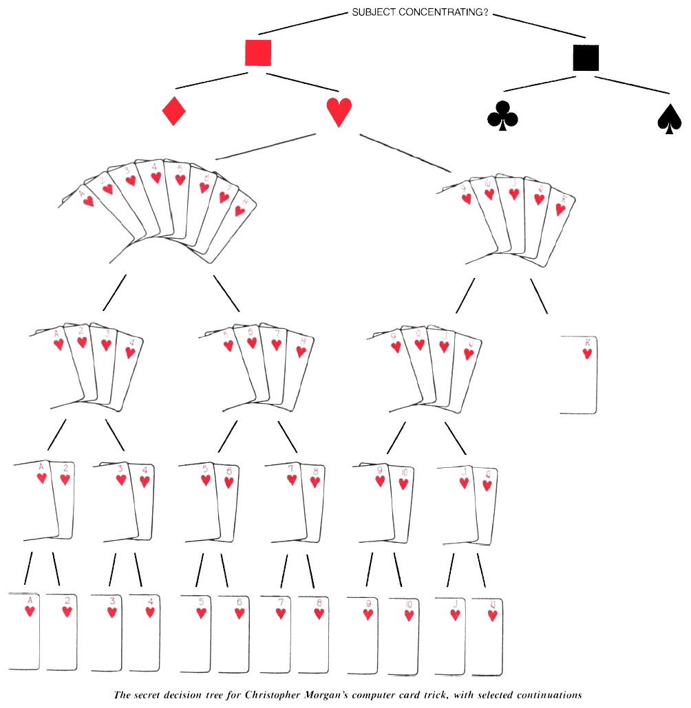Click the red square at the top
tap(258, 53)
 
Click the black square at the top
tap(586, 58)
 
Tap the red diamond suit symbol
tap(174, 111)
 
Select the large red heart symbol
tap(339, 112)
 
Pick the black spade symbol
tap(670, 119)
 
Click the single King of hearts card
tap(579, 374)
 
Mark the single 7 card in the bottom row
tap(277, 632)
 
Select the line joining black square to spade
tap(632, 84)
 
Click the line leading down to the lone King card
tap(539, 296)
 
